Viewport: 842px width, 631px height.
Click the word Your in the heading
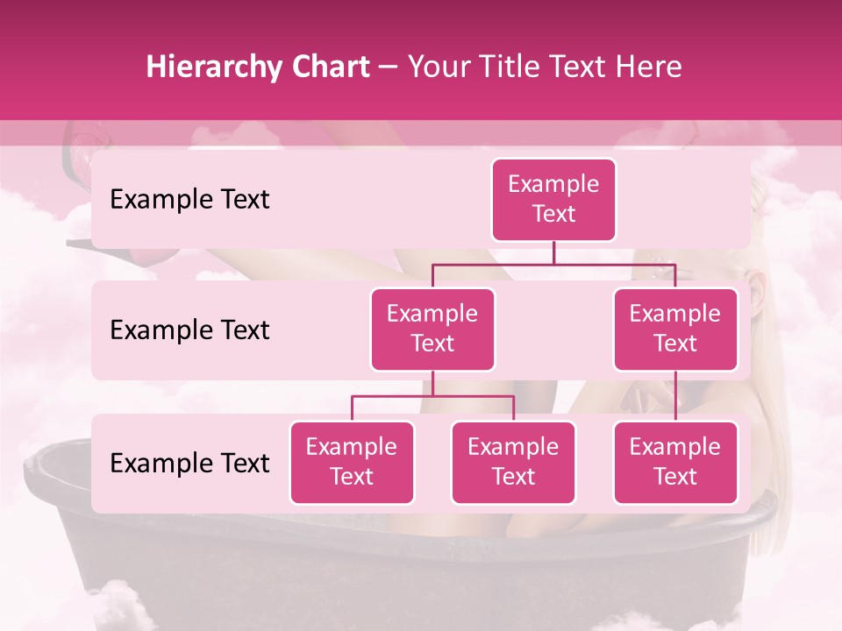point(439,67)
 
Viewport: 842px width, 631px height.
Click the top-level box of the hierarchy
point(553,199)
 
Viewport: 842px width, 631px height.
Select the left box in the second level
point(432,329)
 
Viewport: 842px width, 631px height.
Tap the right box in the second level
point(675,329)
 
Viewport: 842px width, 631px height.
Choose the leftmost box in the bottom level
point(352,462)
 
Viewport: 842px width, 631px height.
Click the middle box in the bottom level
point(513,462)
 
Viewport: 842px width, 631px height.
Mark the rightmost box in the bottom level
point(675,462)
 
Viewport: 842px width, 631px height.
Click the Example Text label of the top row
point(189,199)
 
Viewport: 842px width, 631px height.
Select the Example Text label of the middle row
point(189,330)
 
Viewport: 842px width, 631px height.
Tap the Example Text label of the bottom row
point(189,463)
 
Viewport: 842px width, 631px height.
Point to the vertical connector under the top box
point(553,252)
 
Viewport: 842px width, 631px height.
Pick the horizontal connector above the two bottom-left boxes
point(432,396)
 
